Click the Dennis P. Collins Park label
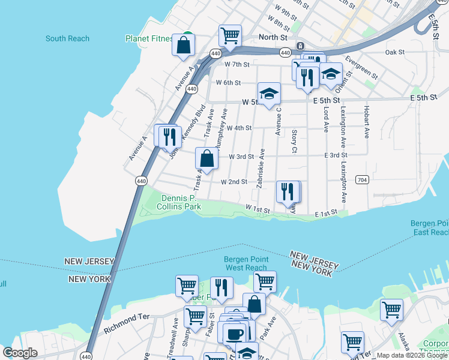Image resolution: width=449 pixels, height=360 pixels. click(179, 202)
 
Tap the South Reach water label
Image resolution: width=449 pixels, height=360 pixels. click(67, 39)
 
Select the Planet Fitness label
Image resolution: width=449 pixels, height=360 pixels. click(149, 38)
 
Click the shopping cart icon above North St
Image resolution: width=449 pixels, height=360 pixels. click(230, 35)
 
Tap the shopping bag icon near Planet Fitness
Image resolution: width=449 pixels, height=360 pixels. click(184, 45)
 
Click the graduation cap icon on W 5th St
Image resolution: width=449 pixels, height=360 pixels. click(270, 94)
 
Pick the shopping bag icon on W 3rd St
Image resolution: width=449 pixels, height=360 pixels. click(206, 159)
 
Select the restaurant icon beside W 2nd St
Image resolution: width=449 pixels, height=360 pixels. click(288, 191)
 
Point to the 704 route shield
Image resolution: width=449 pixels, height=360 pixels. click(361, 179)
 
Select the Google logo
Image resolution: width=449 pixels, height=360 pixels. click(20, 353)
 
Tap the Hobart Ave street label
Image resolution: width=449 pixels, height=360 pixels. click(366, 121)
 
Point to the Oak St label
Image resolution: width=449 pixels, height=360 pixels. click(395, 53)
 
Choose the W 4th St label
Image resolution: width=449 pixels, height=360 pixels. click(239, 128)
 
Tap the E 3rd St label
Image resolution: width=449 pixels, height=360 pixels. click(336, 155)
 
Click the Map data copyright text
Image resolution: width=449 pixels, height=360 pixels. click(412, 355)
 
